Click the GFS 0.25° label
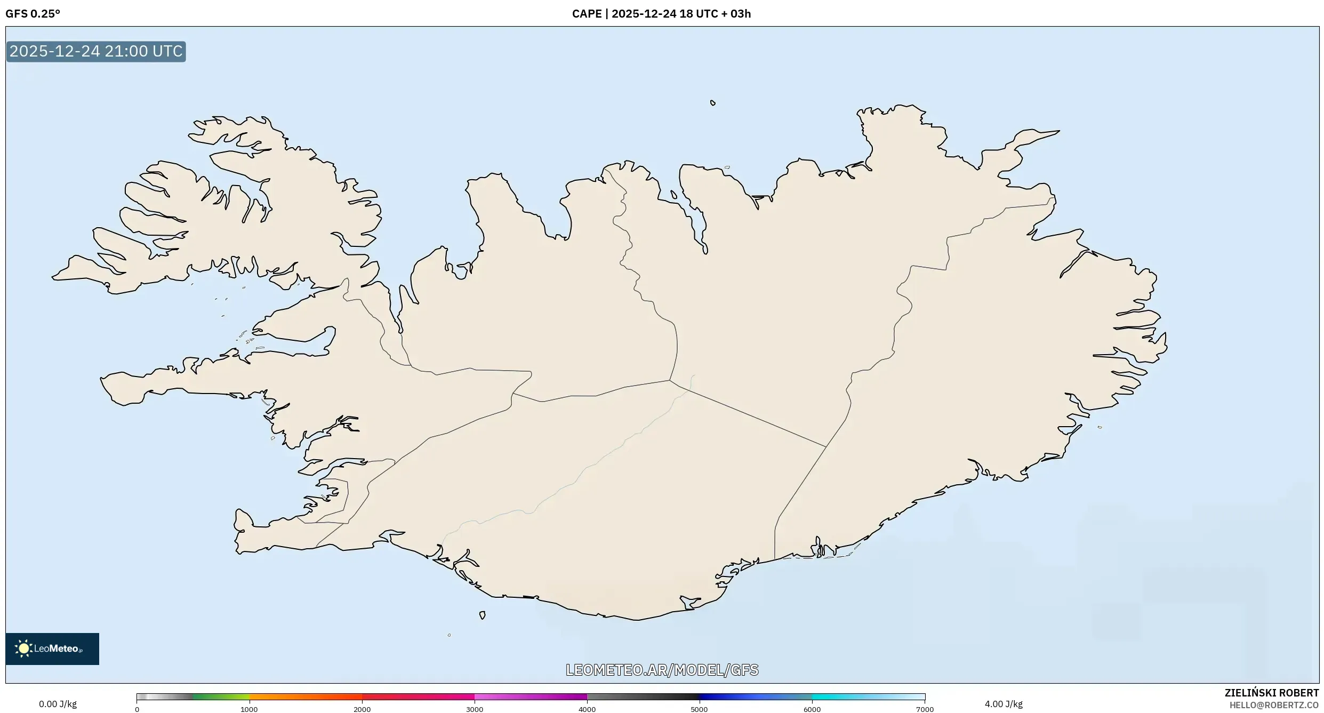33,14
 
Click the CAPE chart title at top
661,14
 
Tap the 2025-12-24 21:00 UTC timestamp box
96,52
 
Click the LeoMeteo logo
52,648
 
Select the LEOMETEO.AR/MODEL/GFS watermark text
662,670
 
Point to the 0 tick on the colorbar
137,709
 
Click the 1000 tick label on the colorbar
249,709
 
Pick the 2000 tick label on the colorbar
362,709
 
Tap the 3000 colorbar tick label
475,709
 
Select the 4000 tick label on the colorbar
587,709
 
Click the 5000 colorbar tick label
699,709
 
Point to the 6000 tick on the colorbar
812,709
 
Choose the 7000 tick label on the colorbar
925,709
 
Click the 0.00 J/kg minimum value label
58,704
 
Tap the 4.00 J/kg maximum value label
1004,704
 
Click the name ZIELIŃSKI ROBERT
1271,693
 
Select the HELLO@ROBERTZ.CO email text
1274,705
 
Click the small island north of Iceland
713,103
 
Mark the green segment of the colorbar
219,696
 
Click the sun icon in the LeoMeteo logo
23,648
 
